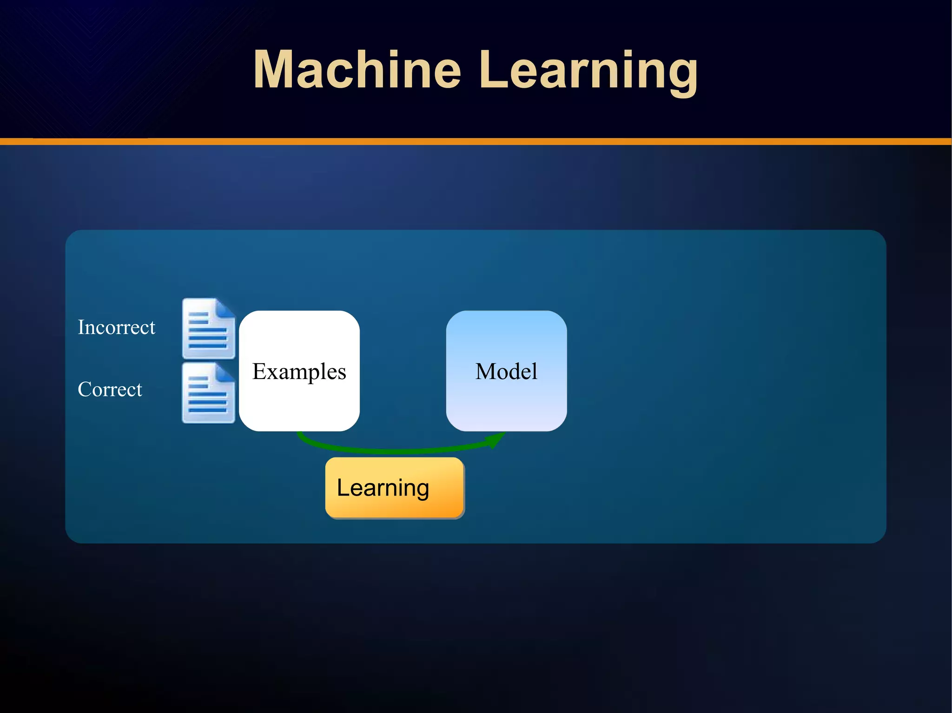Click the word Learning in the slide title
588,70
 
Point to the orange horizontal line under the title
476,141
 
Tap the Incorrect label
116,327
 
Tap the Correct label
110,389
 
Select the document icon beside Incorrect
208,329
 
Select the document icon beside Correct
208,393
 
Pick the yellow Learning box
395,488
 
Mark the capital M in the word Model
486,371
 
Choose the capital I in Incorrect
81,327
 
